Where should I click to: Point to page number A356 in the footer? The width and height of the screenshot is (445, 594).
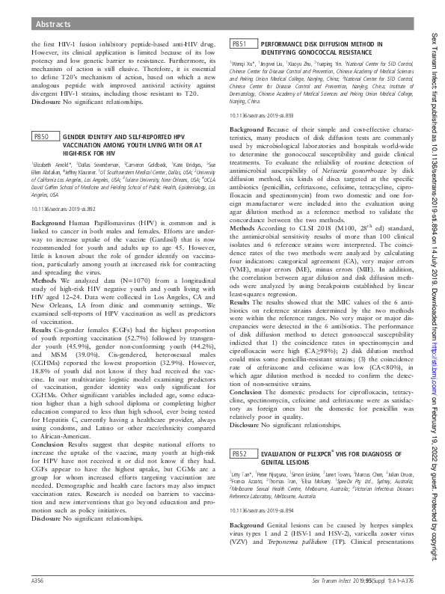pos(38,580)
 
